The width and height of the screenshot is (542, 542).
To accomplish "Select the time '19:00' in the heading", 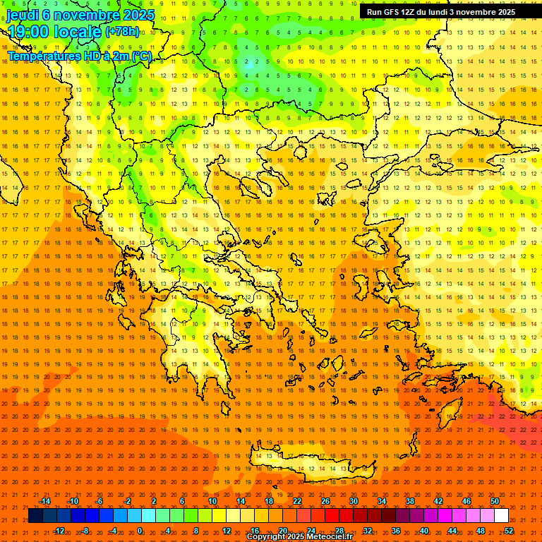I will (32, 32).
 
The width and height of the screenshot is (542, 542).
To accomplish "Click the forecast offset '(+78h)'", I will (122, 32).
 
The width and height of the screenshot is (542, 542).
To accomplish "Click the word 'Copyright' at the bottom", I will (266, 537).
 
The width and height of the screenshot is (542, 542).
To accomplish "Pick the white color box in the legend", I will (501, 516).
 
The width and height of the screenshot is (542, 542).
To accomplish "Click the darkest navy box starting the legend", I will (35, 516).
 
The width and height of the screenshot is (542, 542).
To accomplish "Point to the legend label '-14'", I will (44, 501).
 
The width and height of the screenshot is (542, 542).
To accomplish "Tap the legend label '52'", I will (509, 531).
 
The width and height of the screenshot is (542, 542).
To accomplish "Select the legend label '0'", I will (140, 531).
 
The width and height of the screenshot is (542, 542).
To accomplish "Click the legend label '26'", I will (325, 501).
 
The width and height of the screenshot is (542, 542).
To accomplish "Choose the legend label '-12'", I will (59, 531).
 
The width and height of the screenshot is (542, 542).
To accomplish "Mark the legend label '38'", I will (409, 501).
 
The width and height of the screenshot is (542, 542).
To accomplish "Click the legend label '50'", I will (495, 501).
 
